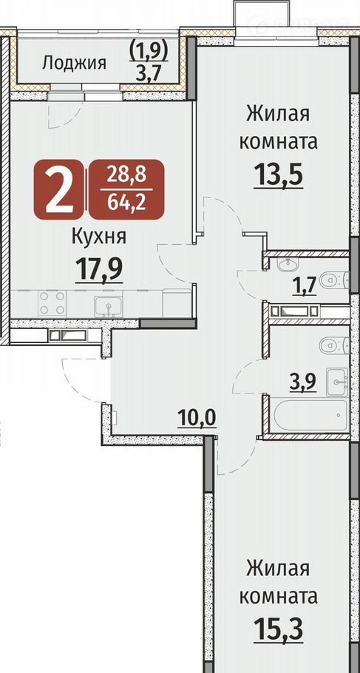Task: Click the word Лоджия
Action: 74,64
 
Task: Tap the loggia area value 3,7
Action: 148,74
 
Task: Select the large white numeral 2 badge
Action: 58,190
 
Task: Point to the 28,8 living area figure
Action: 126,175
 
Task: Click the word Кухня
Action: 99,237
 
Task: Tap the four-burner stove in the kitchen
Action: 52,302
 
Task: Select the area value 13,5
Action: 279,175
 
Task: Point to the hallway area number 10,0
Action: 197,418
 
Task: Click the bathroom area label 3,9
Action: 303,383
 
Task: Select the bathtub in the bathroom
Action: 310,415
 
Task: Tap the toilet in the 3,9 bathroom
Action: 334,344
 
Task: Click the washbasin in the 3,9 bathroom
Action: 337,381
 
